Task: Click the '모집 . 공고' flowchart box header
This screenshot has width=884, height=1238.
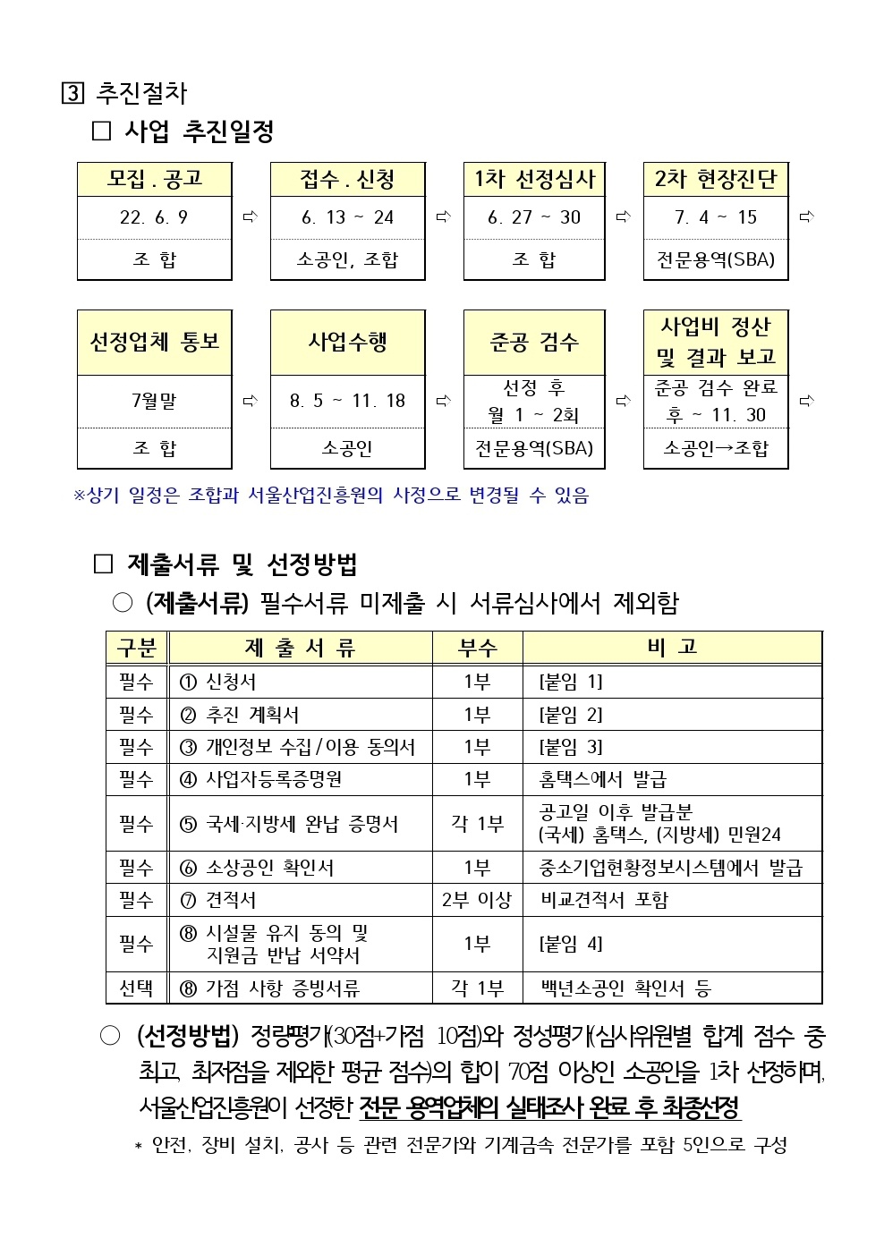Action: point(155,180)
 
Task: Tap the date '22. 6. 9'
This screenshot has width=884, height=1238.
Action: point(154,217)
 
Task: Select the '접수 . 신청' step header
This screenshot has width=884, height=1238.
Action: point(347,180)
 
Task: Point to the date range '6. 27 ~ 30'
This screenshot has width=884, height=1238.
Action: point(534,217)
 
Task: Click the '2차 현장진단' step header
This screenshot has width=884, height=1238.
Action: point(716,180)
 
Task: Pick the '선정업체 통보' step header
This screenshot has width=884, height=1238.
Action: point(155,343)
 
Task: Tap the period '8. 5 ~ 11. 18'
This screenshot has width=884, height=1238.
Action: point(347,401)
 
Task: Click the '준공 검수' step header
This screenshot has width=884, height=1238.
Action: point(534,343)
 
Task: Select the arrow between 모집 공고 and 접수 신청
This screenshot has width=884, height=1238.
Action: point(251,216)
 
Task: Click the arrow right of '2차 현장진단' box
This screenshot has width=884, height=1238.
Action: point(806,216)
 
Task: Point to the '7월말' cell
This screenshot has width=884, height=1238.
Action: point(154,401)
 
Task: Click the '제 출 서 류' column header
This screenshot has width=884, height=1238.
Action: point(300,648)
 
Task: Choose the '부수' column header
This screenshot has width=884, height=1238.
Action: point(478,648)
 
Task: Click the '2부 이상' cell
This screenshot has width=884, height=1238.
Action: point(477,900)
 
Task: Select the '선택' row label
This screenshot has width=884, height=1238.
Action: point(136,988)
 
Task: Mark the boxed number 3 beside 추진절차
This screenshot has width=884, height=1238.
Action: point(72,93)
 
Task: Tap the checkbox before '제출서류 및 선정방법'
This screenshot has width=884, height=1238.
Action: point(104,564)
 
